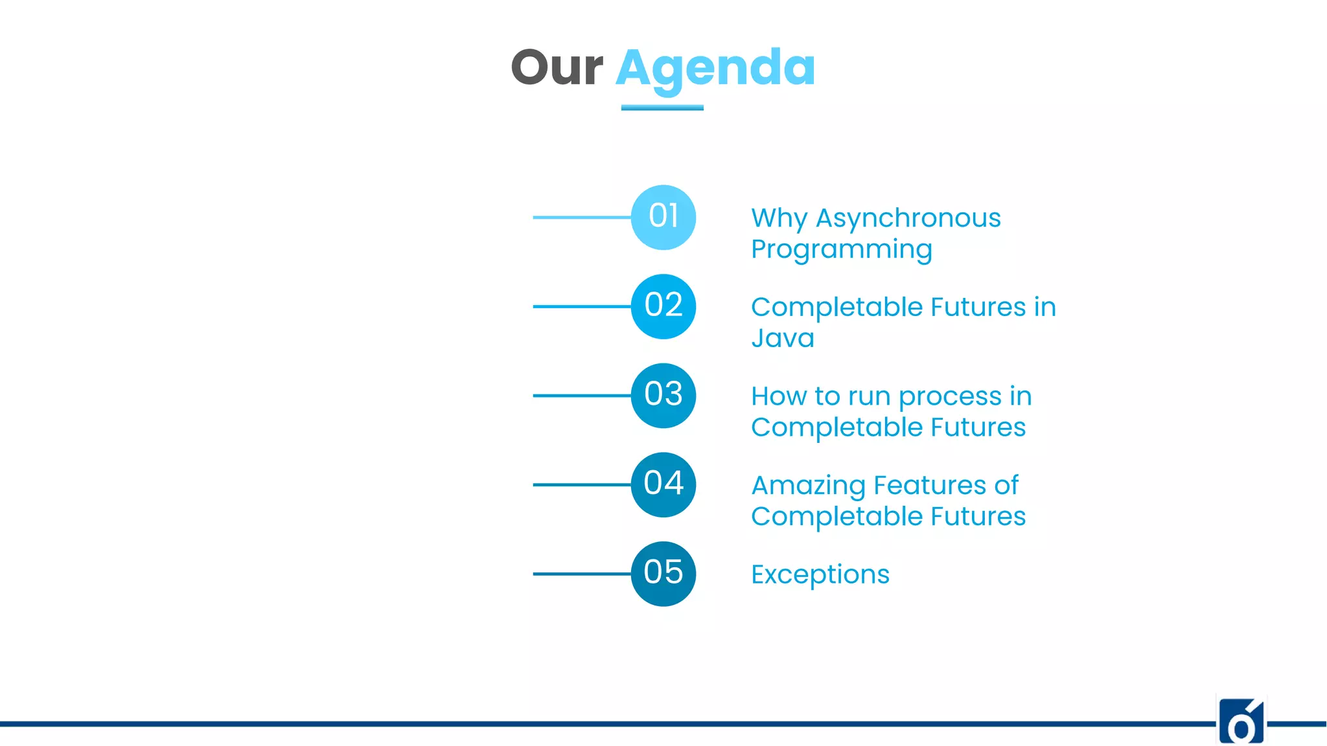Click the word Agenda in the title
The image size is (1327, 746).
tap(715, 69)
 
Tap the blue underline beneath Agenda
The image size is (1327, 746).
tap(662, 107)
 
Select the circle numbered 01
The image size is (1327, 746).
tap(663, 217)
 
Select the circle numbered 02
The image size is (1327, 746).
tap(663, 306)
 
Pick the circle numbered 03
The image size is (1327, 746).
tap(663, 395)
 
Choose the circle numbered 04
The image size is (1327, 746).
tap(663, 484)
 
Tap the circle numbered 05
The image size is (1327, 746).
tap(663, 573)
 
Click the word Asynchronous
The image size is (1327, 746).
tap(908, 218)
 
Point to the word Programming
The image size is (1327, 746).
tap(841, 249)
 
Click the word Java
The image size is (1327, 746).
tap(782, 338)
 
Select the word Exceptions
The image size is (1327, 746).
tap(820, 574)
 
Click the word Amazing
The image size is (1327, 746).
tap(808, 486)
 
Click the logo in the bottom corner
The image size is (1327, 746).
tap(1241, 721)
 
